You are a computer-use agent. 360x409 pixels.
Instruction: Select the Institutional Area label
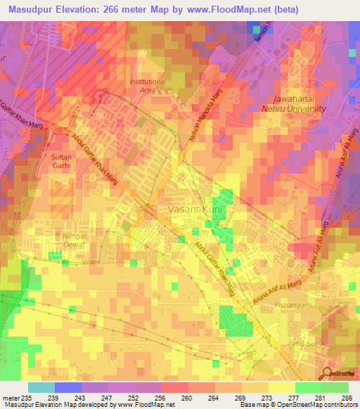148,86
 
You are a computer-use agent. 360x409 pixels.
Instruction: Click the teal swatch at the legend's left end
41,387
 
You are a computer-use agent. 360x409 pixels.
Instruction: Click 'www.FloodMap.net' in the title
219,9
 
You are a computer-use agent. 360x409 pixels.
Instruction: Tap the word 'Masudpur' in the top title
37,9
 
